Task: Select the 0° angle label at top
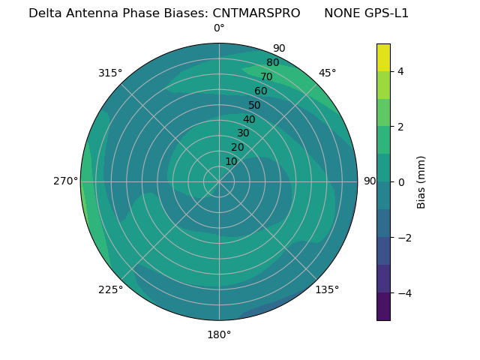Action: tap(219, 28)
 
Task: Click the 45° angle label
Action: tap(327, 73)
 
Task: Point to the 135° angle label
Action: tap(327, 289)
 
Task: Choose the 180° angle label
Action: tap(219, 334)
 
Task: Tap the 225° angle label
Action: tap(110, 289)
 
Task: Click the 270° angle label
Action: tap(65, 181)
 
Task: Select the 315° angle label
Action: tap(110, 73)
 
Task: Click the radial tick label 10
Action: tap(231, 161)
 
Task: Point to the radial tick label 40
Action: tap(249, 120)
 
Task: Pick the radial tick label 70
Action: tap(266, 76)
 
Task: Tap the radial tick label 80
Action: tap(272, 63)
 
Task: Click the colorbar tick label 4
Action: tap(400, 71)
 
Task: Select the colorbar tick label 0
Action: tap(400, 182)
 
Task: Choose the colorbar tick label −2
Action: tap(397, 238)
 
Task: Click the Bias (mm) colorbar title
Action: tap(421, 182)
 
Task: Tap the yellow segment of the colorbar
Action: tap(383, 57)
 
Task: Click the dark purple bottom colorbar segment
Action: tap(383, 307)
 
